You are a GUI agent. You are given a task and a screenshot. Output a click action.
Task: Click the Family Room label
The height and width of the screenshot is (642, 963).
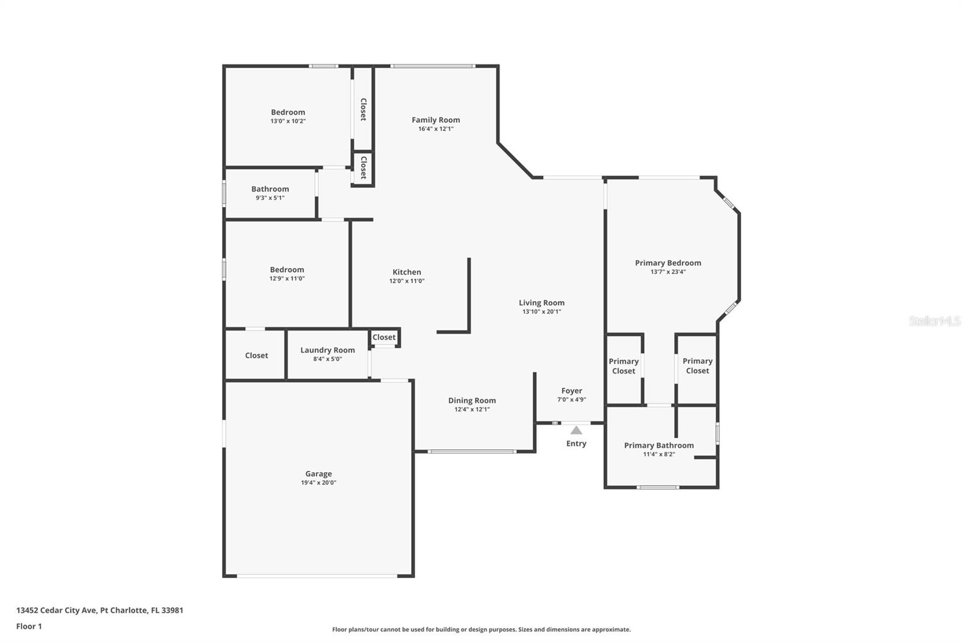[x=436, y=120]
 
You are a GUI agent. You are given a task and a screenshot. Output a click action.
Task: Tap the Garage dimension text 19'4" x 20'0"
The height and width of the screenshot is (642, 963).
[x=318, y=482]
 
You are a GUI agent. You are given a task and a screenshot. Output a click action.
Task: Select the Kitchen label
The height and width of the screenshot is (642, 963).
[x=407, y=272]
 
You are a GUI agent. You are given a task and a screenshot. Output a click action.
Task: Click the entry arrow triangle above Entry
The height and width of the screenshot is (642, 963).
[x=576, y=430]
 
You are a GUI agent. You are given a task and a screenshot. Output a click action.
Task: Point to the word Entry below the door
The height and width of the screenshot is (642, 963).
[x=576, y=443]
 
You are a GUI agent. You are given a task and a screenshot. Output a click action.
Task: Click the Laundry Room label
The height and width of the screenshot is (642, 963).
[x=327, y=350]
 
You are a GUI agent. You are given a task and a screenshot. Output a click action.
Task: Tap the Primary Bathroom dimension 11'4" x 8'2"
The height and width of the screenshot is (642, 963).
[x=658, y=454]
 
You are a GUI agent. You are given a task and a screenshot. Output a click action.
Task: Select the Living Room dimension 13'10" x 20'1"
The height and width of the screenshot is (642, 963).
[x=542, y=311]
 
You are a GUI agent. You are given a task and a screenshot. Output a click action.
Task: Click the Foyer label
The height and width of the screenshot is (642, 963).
[x=571, y=391]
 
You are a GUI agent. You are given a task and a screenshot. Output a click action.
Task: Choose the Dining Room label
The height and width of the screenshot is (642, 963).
[x=472, y=400]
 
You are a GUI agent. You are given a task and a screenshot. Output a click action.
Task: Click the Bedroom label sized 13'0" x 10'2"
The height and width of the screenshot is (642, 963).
[x=288, y=112]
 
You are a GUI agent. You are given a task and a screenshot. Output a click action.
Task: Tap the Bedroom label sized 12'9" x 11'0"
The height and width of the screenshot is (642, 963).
[x=286, y=270]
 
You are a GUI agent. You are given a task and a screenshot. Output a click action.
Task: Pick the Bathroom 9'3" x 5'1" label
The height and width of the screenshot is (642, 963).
[x=270, y=189]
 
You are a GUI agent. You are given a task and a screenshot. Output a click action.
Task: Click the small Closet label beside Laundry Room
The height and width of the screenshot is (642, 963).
[x=384, y=337]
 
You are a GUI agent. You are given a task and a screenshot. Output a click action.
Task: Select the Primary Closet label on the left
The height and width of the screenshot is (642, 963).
[x=624, y=366]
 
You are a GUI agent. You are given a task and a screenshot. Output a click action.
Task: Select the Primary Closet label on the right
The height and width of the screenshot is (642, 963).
[x=697, y=366]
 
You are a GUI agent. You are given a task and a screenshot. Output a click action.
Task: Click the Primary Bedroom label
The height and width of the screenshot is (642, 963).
[x=667, y=263]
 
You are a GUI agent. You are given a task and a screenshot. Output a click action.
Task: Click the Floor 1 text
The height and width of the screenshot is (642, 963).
[x=29, y=626]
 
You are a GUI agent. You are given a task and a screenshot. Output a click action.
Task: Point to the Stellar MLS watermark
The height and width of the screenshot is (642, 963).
[x=934, y=321]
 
